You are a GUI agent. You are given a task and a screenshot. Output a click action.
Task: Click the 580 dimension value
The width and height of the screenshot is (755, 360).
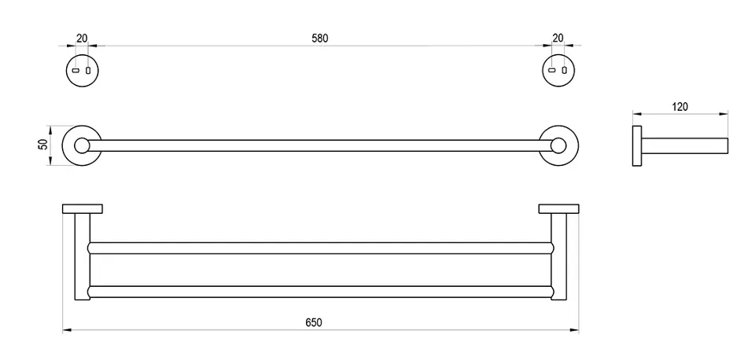(x=319, y=37)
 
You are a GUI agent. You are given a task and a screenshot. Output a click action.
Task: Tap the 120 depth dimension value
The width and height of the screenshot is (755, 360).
(x=681, y=106)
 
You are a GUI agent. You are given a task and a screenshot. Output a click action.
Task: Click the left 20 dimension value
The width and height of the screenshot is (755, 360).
(x=82, y=37)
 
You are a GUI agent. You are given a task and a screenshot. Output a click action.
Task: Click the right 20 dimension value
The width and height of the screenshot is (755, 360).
(x=558, y=37)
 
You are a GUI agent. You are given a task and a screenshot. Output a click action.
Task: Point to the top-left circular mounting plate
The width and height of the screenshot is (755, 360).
(x=82, y=71)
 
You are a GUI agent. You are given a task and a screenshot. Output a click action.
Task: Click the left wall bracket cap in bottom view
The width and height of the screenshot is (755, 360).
(x=82, y=208)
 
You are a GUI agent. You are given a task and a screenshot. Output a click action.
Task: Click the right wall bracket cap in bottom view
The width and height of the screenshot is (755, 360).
(x=558, y=208)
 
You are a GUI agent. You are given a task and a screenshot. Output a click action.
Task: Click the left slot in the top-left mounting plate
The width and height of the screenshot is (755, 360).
(x=76, y=71)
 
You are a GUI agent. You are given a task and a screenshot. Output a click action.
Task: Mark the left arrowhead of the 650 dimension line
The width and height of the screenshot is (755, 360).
(x=64, y=330)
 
